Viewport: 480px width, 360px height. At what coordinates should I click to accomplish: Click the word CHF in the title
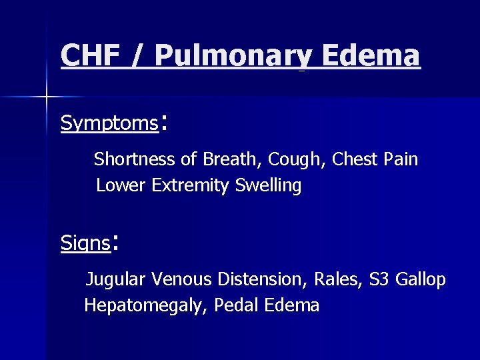89,55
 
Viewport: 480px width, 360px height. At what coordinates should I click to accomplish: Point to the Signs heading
85,243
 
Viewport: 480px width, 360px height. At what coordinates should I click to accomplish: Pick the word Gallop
421,281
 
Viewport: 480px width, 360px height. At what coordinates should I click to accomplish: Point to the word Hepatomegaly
147,306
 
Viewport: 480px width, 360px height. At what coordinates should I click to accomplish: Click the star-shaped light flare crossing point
46,97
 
